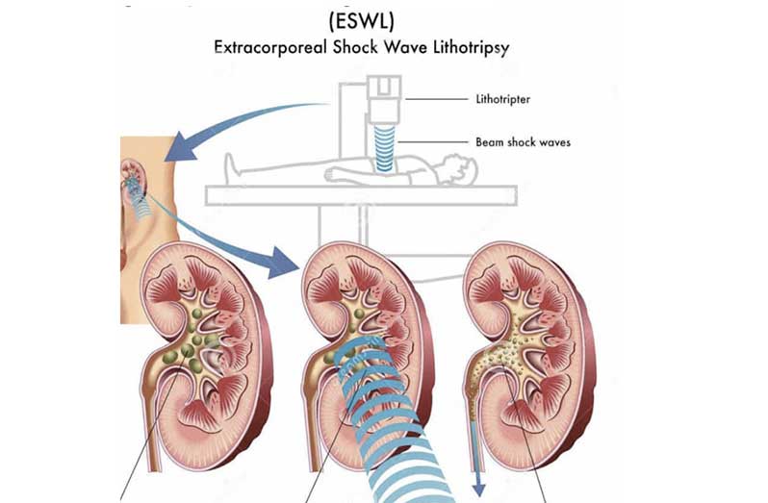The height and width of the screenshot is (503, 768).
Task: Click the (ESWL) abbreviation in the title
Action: (x=362, y=20)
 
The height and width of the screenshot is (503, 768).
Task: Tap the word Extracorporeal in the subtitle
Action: (x=270, y=47)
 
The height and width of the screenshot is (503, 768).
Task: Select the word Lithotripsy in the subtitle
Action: (x=472, y=48)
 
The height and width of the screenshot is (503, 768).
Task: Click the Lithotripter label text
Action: (x=503, y=99)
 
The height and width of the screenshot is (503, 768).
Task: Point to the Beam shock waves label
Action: (x=524, y=142)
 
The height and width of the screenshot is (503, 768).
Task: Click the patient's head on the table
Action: (x=460, y=169)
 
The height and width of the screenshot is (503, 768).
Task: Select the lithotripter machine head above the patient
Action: (x=385, y=99)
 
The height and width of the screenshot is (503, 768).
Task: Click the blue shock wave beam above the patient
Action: (x=385, y=148)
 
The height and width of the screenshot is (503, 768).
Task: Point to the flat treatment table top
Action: (x=362, y=196)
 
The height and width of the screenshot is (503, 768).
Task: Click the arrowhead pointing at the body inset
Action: (x=180, y=148)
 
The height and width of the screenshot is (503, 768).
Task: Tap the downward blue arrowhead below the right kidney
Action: (x=478, y=490)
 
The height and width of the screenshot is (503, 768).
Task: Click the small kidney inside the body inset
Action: (x=133, y=175)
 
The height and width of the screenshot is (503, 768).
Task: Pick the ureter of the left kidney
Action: (x=154, y=421)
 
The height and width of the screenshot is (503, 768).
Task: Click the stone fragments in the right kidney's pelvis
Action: (x=504, y=351)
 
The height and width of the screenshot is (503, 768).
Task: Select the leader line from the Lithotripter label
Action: (x=436, y=99)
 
